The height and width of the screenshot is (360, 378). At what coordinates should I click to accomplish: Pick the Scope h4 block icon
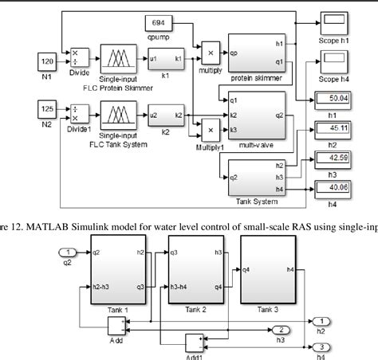point(333,60)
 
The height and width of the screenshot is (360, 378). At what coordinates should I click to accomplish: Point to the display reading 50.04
point(333,100)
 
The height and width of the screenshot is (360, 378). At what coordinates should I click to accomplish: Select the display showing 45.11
point(333,128)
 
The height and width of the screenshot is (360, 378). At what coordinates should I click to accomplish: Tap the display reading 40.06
point(333,186)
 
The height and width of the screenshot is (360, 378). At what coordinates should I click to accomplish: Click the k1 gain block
point(165,59)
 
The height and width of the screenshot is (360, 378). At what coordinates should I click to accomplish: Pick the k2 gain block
point(165,115)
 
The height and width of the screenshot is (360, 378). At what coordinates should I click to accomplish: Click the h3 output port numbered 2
point(280,329)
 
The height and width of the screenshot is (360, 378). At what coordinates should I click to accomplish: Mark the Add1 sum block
point(194,342)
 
